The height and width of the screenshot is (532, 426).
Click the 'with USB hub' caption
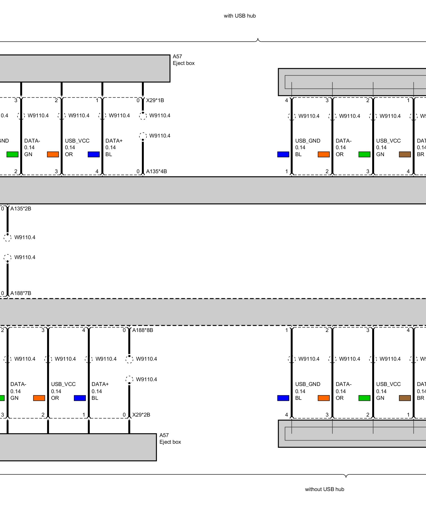click(240, 16)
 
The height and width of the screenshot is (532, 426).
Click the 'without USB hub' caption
click(324, 489)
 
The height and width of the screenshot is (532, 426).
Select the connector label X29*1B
click(155, 100)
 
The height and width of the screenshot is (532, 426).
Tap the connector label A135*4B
click(156, 171)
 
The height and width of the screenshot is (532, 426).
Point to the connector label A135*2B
click(21, 209)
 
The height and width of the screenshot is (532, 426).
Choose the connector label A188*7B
click(21, 293)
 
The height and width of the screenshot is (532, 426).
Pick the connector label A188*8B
click(142, 330)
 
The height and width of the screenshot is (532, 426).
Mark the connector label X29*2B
click(141, 415)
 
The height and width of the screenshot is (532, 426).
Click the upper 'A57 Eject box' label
click(183, 60)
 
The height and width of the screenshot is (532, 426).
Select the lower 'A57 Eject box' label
click(170, 439)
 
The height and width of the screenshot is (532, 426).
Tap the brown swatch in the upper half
click(405, 154)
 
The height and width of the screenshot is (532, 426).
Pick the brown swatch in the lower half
click(405, 398)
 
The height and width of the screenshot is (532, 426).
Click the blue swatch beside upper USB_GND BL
click(283, 154)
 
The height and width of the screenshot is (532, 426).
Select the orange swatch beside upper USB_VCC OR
click(53, 154)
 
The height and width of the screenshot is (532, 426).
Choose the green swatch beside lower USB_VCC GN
click(364, 398)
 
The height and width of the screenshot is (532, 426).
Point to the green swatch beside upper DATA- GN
click(12, 154)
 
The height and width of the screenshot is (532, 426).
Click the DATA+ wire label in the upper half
click(114, 141)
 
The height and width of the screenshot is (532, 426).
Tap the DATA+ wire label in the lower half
click(100, 384)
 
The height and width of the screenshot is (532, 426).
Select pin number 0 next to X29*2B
click(124, 415)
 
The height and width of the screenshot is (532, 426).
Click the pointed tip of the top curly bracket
click(258, 39)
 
